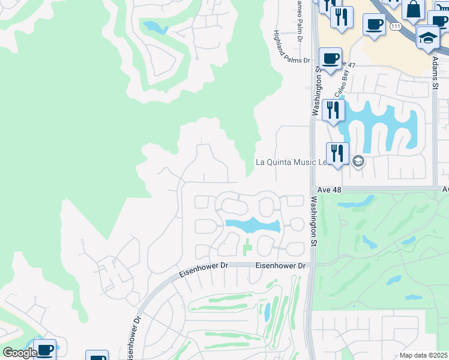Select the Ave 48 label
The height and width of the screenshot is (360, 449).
[328, 189]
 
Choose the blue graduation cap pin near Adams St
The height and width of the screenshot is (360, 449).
[427, 37]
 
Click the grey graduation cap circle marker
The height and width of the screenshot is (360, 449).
[358, 161]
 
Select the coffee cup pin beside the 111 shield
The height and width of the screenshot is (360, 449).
[374, 25]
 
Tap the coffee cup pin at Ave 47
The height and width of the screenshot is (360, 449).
[330, 59]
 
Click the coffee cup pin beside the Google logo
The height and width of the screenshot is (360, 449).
[45, 350]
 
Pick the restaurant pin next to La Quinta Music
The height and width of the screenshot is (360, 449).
[337, 153]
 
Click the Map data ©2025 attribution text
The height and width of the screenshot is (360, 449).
[423, 355]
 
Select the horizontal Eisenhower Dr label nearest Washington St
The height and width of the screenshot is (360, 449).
[281, 265]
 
